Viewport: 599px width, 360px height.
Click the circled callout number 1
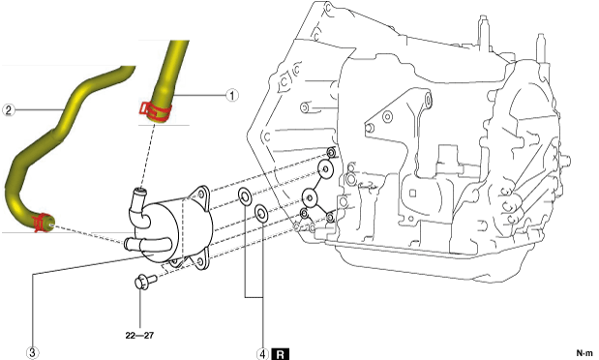232,95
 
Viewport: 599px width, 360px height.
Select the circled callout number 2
9,110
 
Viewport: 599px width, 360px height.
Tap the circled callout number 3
32,352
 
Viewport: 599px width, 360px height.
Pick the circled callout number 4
262,354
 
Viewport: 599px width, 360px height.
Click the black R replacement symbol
280,354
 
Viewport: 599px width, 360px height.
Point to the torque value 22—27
139,335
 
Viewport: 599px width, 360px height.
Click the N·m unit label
584,353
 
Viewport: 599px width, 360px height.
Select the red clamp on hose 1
155,111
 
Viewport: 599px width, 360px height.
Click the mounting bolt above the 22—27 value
145,282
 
